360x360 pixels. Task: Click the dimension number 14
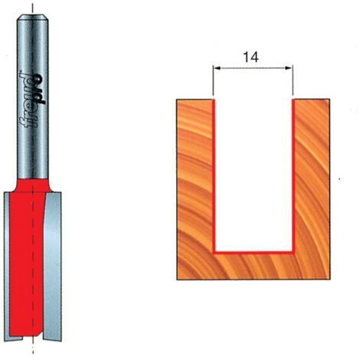[x=250, y=57]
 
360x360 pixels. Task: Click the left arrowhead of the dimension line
[x=217, y=68]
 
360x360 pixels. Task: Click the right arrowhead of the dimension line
[x=289, y=68]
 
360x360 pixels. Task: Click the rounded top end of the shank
[x=33, y=18]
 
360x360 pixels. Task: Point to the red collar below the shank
[x=33, y=185]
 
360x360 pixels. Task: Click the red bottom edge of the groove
[x=254, y=253]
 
